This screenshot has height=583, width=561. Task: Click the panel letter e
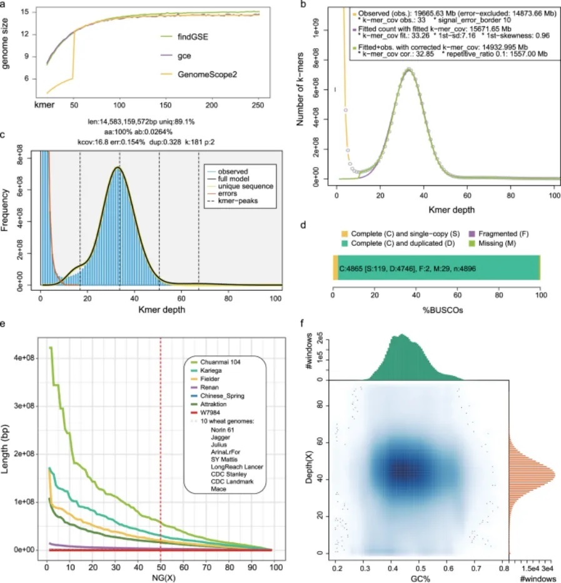click(x=5, y=323)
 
